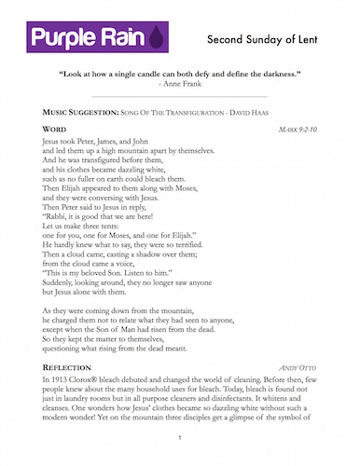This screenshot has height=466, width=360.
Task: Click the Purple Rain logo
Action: coord(87,38)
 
